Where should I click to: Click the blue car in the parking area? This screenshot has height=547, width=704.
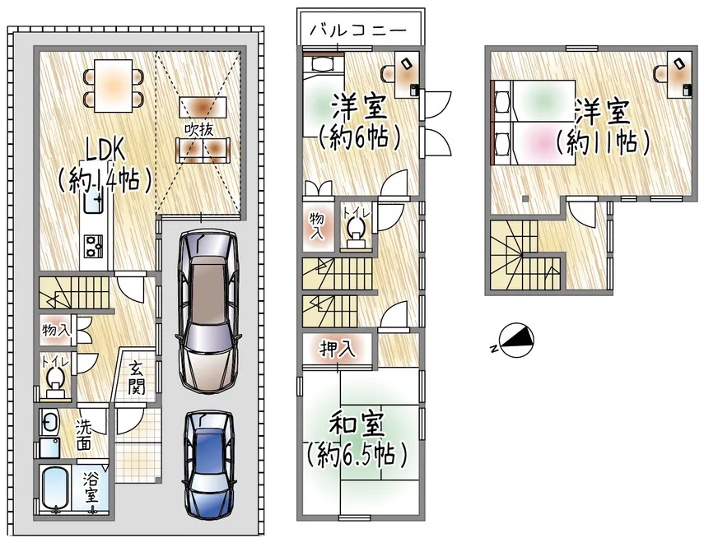210,465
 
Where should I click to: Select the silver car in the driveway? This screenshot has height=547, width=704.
207,310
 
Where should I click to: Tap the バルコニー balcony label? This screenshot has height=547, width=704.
358,30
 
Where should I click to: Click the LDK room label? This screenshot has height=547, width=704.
105,151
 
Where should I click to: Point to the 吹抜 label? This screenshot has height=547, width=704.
199,130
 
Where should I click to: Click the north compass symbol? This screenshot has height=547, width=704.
517,341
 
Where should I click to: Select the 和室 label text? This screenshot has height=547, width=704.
357,425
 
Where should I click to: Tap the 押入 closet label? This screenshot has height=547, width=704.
338,349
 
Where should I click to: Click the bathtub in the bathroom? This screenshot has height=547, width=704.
55,490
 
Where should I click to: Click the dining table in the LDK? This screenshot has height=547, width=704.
114,86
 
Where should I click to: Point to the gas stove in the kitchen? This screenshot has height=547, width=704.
93,246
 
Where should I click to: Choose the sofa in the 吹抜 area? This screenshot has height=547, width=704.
203,150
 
